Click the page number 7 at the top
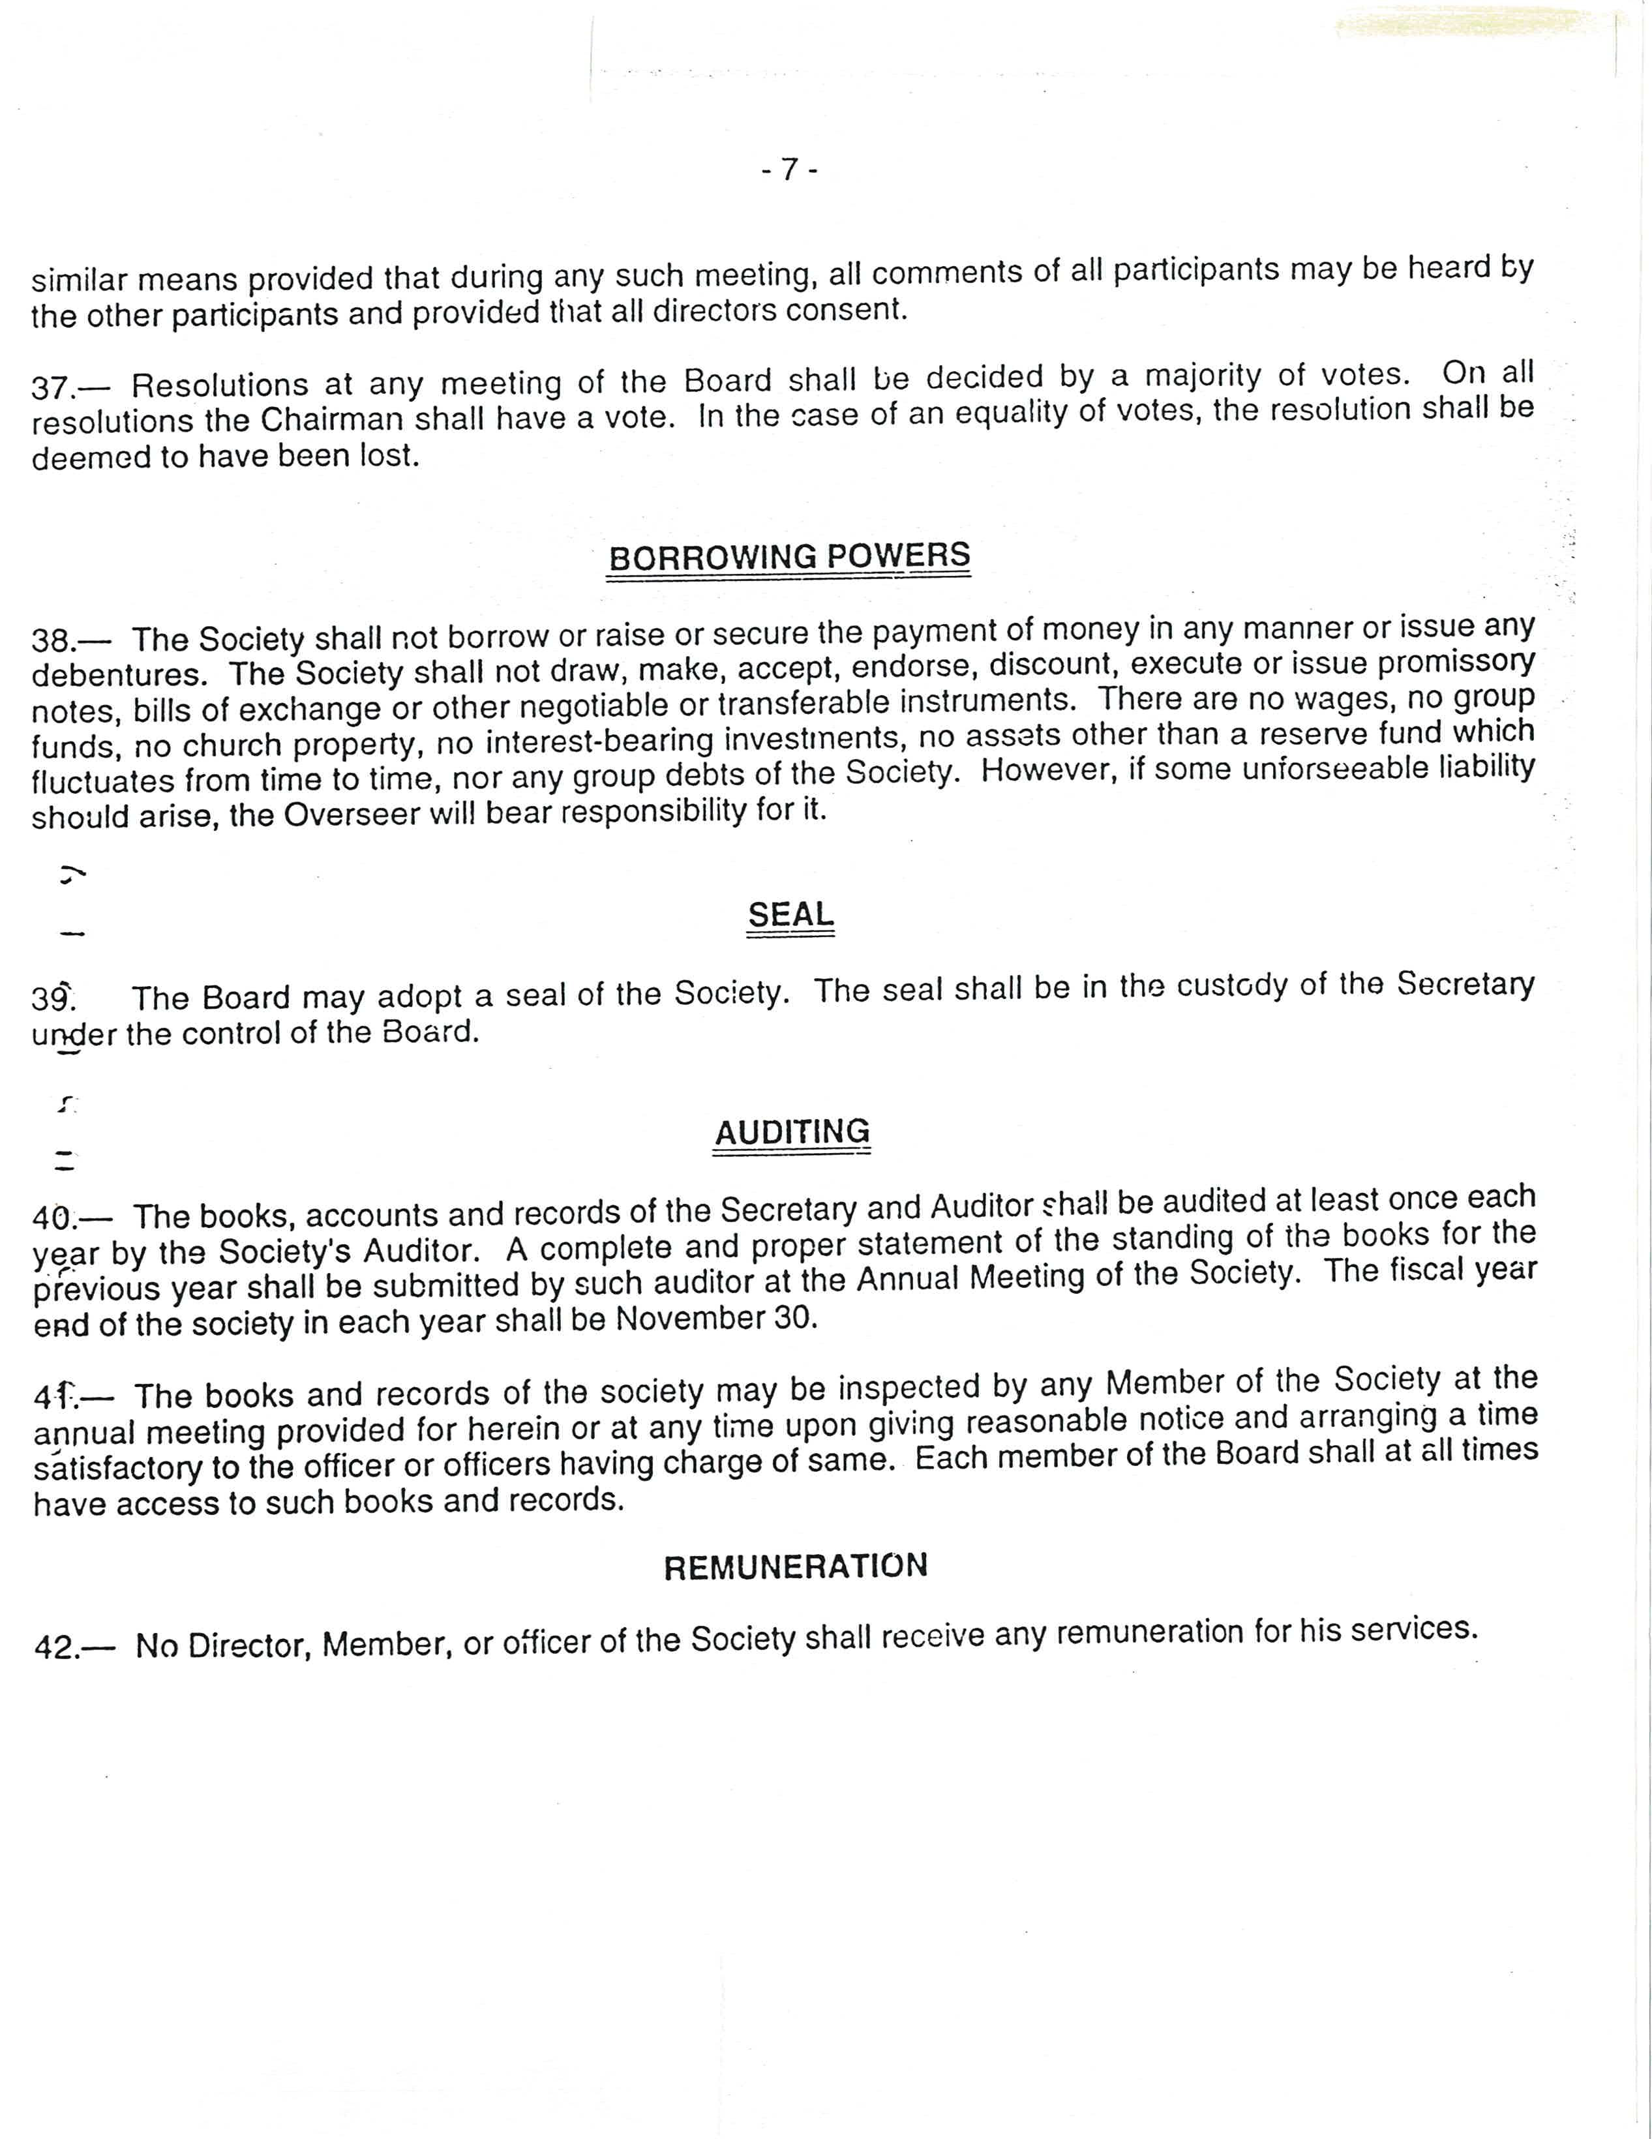pos(789,170)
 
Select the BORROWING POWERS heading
pos(789,556)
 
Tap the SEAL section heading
pos(790,915)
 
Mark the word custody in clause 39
pos(1232,985)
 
